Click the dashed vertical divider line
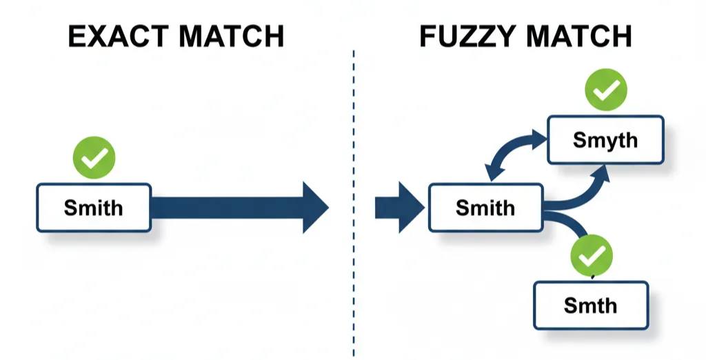pyautogui.click(x=354, y=207)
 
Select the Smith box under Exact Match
pyautogui.click(x=94, y=208)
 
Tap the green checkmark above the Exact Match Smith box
pyautogui.click(x=94, y=158)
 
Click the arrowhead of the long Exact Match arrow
pyautogui.click(x=314, y=208)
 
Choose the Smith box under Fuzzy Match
pyautogui.click(x=485, y=208)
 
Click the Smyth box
pyautogui.click(x=605, y=140)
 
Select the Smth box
pyautogui.click(x=591, y=305)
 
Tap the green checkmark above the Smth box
pyautogui.click(x=592, y=256)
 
